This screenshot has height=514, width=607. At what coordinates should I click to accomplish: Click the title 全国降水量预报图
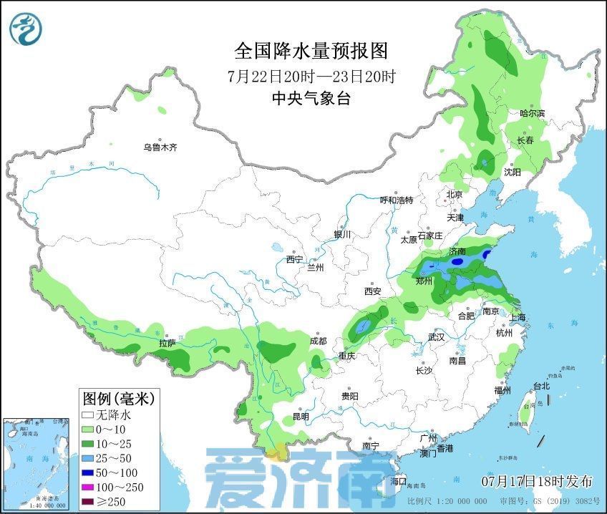coord(311,51)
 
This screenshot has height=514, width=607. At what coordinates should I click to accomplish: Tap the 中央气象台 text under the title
coord(311,100)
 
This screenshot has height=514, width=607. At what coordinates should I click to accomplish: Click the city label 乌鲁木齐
coord(159,147)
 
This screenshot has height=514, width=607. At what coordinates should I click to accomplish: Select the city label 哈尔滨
coord(532,113)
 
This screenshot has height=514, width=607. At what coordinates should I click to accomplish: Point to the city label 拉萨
coord(167,344)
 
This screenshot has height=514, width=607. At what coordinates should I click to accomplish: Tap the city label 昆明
coord(301,417)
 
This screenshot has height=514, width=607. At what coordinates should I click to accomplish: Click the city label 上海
coord(517,317)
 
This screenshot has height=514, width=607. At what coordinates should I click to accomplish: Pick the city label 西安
coord(372,291)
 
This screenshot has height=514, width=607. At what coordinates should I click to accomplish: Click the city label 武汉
coord(436,336)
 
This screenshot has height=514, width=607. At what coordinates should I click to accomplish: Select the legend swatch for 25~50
coord(88,455)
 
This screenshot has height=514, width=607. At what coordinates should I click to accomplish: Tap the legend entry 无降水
coord(109,414)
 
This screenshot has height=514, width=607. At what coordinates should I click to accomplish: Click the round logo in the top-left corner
coord(26,28)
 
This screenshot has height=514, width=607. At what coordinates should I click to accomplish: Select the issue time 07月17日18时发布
coord(536,479)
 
